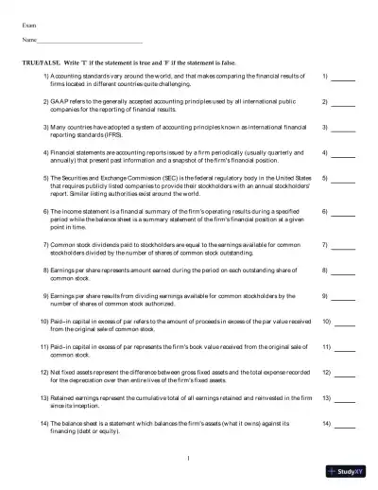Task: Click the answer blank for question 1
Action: (x=344, y=77)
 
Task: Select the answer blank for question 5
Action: (x=344, y=180)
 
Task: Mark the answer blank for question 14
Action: (x=344, y=424)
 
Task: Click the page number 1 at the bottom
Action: (x=189, y=458)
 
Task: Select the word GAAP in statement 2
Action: (x=60, y=99)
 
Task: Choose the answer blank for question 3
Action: (x=344, y=128)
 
